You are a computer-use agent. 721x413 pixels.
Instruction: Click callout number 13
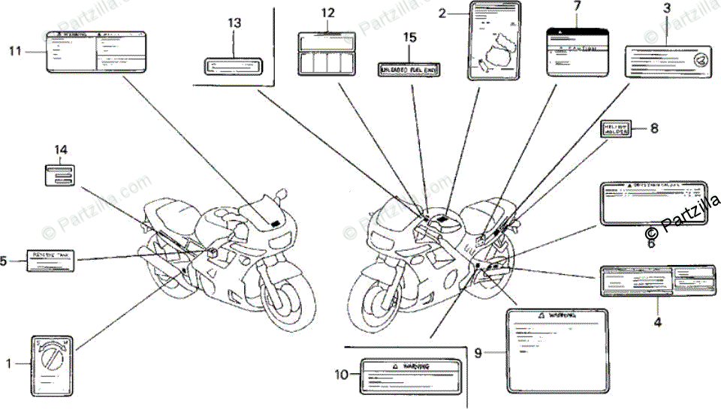pyautogui.click(x=235, y=23)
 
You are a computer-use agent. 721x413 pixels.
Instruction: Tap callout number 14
pyautogui.click(x=61, y=149)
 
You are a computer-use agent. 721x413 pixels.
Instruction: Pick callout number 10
pyautogui.click(x=342, y=374)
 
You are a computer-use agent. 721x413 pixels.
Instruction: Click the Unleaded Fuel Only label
pyautogui.click(x=409, y=69)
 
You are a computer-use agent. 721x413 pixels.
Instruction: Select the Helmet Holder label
pyautogui.click(x=617, y=130)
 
